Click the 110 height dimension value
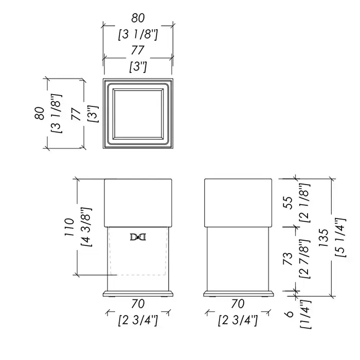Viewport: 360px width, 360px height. coord(69,227)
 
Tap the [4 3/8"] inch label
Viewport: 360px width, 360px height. coord(87,227)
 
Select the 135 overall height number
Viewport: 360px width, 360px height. coord(324,238)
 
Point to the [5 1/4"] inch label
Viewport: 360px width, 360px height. coord(340,238)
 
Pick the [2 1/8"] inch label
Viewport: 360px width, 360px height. coord(305,203)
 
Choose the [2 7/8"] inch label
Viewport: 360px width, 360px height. coord(305,259)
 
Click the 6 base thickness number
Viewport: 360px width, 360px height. coord(290,314)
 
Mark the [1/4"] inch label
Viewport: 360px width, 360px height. coord(305,314)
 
